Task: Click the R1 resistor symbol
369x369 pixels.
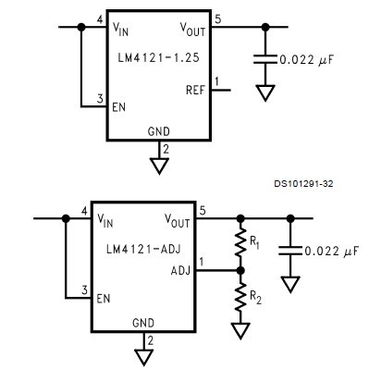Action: [240, 245]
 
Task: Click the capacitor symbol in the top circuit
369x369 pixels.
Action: [265, 60]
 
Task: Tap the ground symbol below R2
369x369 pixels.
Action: [240, 329]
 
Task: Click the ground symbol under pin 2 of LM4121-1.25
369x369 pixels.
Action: [159, 165]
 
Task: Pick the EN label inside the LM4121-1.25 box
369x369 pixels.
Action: [120, 107]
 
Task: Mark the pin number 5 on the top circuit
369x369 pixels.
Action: [217, 18]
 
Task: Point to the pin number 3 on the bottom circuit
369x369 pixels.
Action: [84, 289]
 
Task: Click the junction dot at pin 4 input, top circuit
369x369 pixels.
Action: [81, 28]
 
